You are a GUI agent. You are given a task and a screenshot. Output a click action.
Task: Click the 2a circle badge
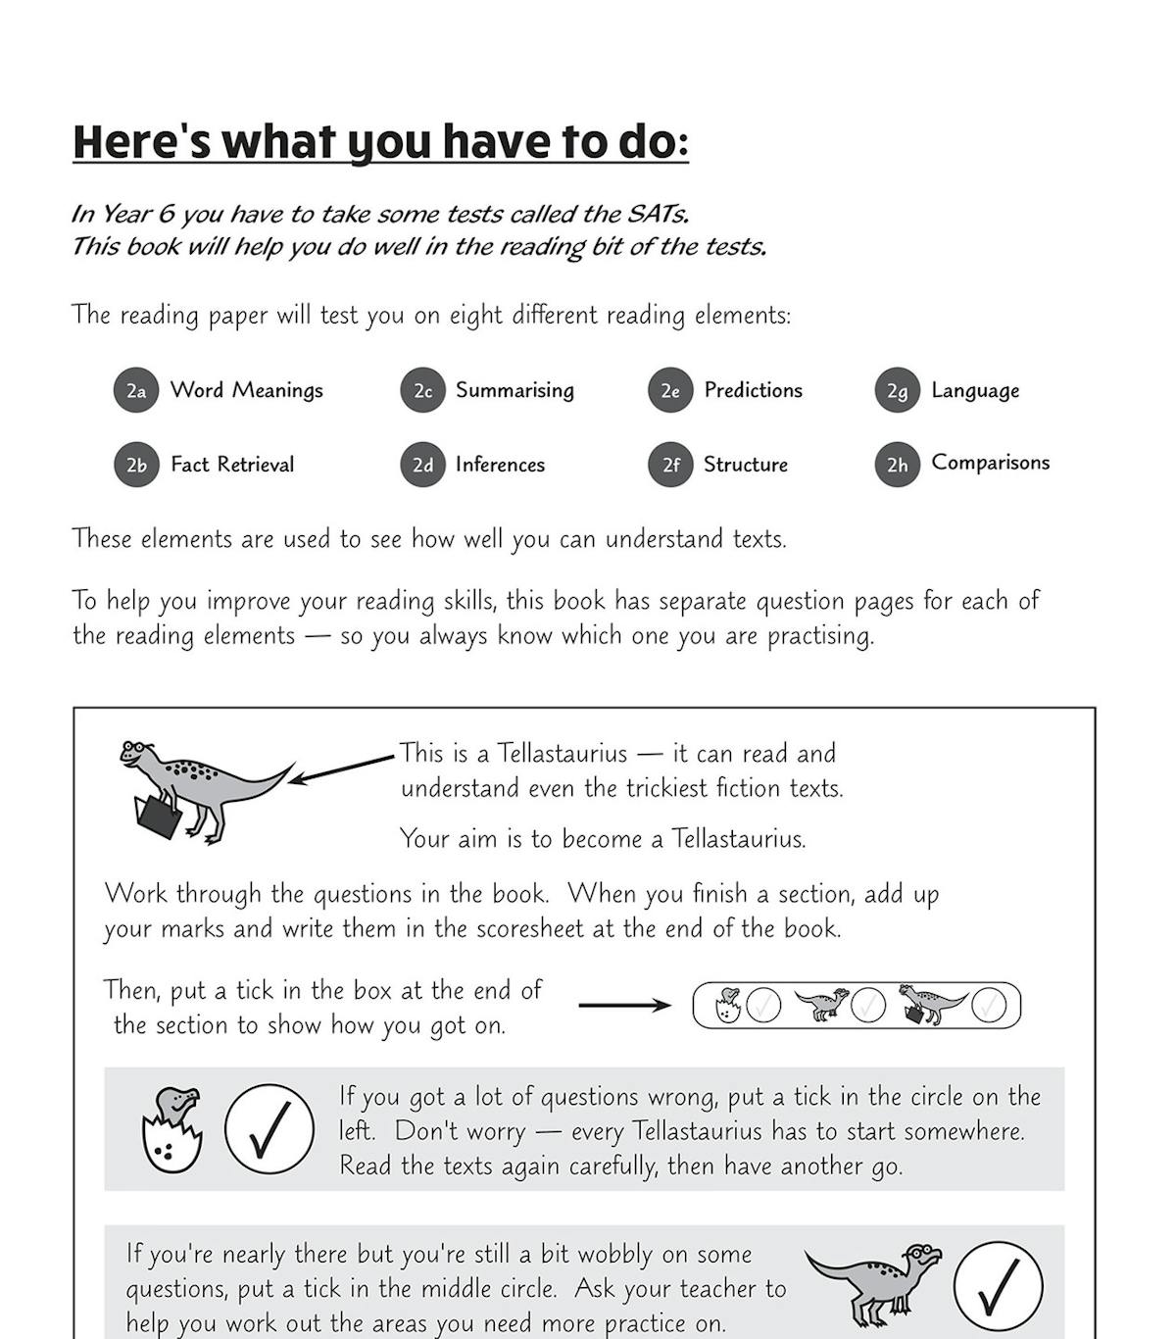136,391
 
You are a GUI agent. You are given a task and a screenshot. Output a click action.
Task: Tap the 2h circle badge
897,465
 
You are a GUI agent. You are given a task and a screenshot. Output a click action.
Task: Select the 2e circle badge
670,391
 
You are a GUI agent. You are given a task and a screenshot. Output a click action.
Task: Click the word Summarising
514,390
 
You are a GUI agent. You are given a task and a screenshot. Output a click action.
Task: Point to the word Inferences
500,465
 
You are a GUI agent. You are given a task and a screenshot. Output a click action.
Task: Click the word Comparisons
990,463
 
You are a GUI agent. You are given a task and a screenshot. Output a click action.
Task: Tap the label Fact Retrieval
232,465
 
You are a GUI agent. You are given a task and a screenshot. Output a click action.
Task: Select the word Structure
746,465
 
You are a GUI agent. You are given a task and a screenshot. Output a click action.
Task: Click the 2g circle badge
897,391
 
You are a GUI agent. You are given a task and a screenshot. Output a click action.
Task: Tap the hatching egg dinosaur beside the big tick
172,1129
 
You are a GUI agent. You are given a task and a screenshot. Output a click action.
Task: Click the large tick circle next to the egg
269,1129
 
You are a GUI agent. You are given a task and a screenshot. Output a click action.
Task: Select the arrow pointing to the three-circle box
624,1005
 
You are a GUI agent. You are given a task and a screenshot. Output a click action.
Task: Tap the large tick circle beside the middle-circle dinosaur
998,1287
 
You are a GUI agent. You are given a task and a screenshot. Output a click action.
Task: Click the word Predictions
753,390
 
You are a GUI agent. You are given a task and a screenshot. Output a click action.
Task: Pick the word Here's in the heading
141,142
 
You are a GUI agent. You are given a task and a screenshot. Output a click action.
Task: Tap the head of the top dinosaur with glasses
135,753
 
